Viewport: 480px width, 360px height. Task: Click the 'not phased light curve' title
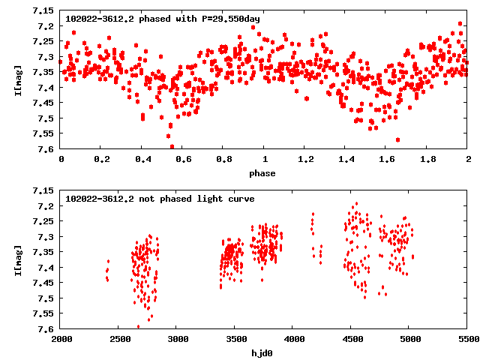coord(160,199)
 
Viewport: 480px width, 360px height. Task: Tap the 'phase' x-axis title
coord(262,173)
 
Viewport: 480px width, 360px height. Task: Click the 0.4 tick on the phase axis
coord(142,159)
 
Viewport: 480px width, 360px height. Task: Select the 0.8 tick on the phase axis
coord(223,159)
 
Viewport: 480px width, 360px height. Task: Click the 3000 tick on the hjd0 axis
coord(177,339)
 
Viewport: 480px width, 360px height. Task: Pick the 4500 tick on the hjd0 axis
coord(352,339)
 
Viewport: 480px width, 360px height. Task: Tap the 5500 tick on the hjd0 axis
coord(467,339)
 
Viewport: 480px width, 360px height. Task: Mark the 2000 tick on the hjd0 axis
coord(61,339)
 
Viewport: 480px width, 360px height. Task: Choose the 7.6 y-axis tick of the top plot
coord(46,148)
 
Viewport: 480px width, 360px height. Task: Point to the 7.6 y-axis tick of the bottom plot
coord(46,328)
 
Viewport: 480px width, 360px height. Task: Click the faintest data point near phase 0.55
coord(172,147)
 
